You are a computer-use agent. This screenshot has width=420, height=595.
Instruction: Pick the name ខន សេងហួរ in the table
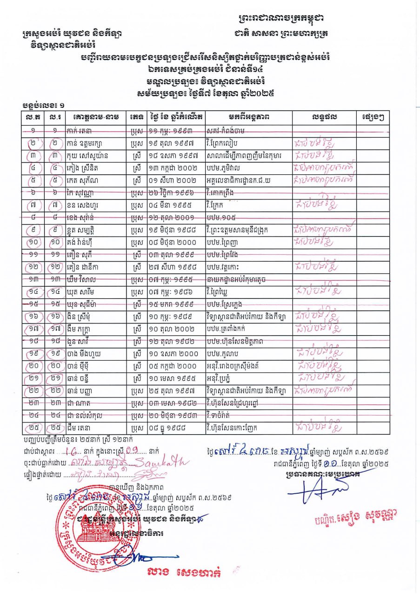pos(86,203)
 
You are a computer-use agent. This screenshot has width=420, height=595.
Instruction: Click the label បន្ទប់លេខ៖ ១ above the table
pos(44,106)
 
